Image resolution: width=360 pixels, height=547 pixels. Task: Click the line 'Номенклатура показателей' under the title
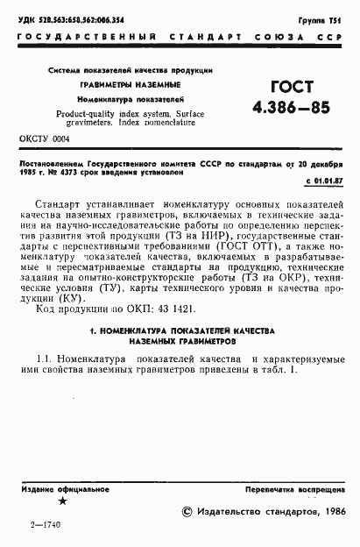tap(131, 99)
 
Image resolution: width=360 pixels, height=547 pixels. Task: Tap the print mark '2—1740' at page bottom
tap(43, 524)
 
